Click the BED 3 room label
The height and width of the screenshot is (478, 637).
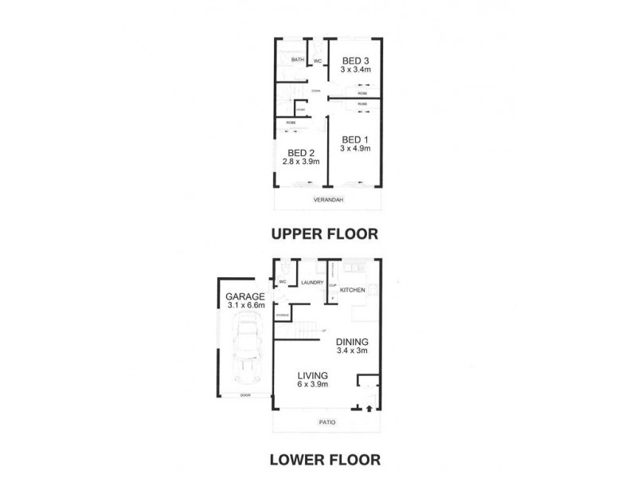click(355, 61)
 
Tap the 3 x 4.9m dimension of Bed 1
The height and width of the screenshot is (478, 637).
click(355, 147)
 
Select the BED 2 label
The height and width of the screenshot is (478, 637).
click(301, 153)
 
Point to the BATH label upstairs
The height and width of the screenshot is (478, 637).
click(298, 60)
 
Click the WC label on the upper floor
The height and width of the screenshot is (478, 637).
click(317, 61)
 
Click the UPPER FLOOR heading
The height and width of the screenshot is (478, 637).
click(323, 234)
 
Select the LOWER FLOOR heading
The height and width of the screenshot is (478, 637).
click(323, 459)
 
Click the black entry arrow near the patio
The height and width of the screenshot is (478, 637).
click(369, 409)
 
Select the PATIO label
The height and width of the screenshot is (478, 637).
click(326, 422)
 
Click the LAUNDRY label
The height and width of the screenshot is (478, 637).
click(311, 281)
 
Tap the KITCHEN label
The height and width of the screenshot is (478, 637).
click(353, 290)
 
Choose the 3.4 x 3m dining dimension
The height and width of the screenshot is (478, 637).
click(353, 350)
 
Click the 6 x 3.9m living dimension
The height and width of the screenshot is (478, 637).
click(314, 385)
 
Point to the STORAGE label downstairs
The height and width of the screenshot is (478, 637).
click(282, 315)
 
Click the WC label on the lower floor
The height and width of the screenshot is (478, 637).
click(283, 281)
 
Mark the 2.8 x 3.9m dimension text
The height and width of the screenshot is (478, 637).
click(301, 162)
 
